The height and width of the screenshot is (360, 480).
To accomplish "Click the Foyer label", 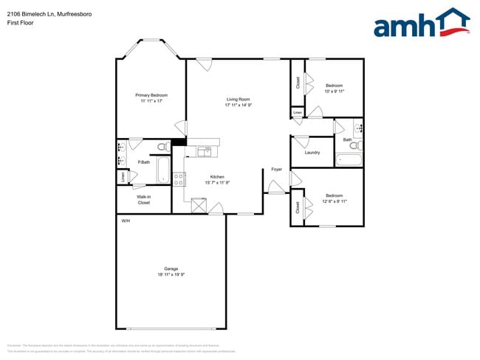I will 277,170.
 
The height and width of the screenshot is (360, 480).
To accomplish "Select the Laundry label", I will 312,153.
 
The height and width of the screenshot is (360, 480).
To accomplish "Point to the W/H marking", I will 126,221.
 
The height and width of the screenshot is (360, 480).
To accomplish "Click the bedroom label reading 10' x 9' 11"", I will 335,89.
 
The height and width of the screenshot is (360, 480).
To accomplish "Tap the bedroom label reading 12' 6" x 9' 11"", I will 335,198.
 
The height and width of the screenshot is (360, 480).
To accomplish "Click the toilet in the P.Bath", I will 163,148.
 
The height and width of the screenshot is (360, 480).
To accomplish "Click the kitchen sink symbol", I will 205,152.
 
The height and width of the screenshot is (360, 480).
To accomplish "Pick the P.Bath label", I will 144,162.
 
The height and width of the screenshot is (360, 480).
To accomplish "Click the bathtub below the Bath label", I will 348,160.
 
